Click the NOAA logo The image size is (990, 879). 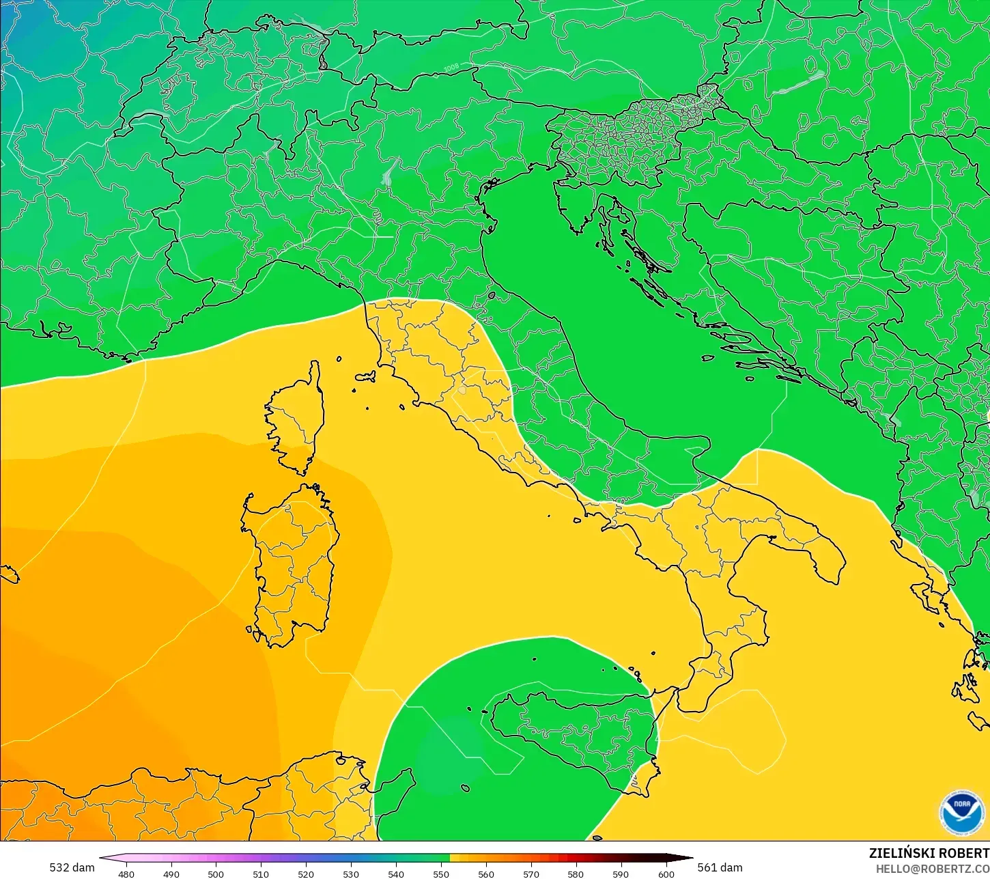pyautogui.click(x=961, y=812)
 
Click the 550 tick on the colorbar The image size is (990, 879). pyautogui.click(x=441, y=874)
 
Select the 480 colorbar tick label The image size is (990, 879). pyautogui.click(x=126, y=874)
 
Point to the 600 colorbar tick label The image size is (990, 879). pyautogui.click(x=666, y=874)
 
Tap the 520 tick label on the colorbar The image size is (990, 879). pyautogui.click(x=306, y=874)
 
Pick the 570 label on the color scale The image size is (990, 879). pyautogui.click(x=531, y=874)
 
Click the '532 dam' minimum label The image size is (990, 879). pyautogui.click(x=72, y=867)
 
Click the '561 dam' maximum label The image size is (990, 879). pyautogui.click(x=720, y=867)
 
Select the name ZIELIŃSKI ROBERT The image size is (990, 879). pyautogui.click(x=929, y=853)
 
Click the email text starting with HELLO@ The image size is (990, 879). pyautogui.click(x=933, y=869)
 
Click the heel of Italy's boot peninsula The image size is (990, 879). pyautogui.click(x=823, y=553)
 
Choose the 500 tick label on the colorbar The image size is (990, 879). pyautogui.click(x=216, y=874)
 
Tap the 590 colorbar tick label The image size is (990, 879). pyautogui.click(x=621, y=874)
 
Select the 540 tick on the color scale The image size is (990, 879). pyautogui.click(x=396, y=874)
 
